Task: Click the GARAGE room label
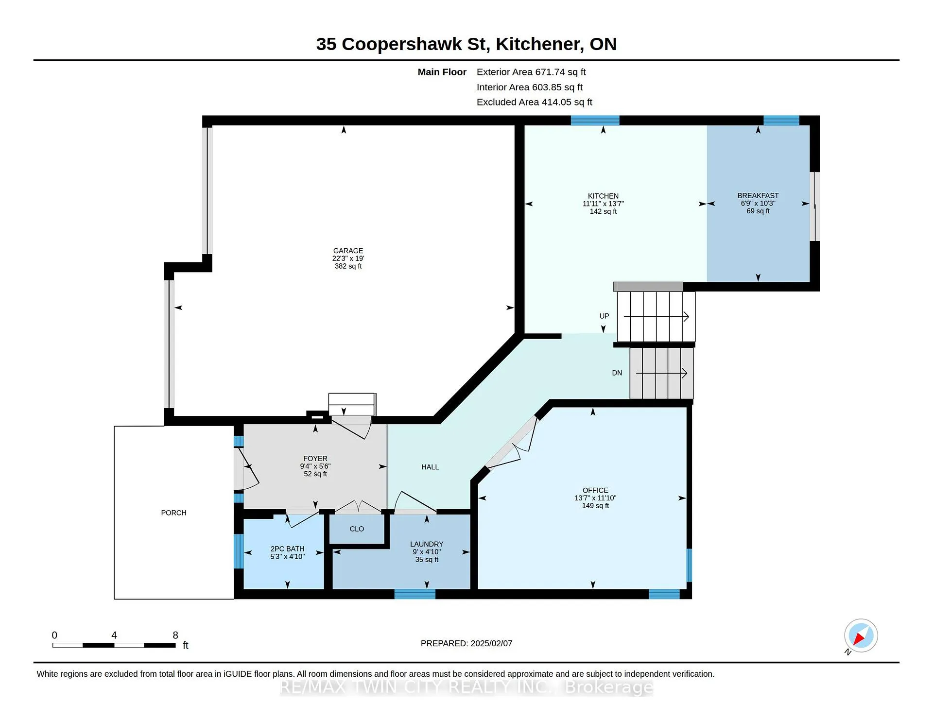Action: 348,251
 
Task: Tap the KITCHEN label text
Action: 603,196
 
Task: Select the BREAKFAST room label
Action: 758,196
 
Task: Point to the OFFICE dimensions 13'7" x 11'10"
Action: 595,498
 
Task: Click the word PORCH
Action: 173,513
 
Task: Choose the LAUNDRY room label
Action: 427,544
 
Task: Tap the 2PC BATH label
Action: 287,549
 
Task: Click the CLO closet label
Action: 357,529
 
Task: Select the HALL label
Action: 430,467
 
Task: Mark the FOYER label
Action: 315,459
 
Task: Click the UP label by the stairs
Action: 604,316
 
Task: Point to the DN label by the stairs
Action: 617,373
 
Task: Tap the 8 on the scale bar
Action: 175,635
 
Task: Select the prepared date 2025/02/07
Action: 491,643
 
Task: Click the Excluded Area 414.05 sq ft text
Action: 535,102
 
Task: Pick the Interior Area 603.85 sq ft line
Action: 530,87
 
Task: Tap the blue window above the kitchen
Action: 595,120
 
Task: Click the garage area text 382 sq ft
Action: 348,266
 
